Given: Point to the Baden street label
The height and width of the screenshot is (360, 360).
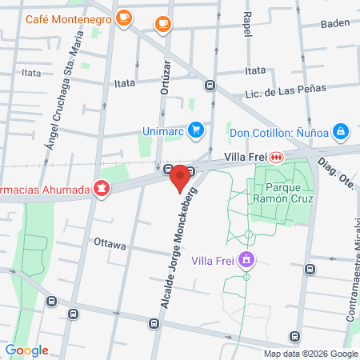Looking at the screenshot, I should click(x=334, y=24).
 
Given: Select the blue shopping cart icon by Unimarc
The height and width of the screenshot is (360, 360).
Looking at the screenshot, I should click(x=195, y=130).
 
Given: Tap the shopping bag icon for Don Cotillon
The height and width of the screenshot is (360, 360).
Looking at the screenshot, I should click(x=340, y=130).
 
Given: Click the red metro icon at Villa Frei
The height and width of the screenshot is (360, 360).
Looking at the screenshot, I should click(x=276, y=157).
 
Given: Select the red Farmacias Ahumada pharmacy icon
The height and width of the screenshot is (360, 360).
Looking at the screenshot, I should click(x=102, y=190).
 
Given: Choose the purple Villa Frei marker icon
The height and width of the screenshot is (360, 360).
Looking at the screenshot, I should click(x=247, y=259).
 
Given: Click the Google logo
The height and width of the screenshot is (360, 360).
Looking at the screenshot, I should click(x=26, y=350).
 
